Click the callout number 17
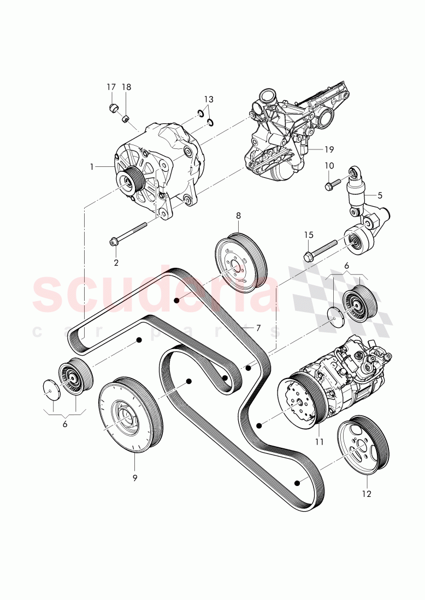pos(111,87)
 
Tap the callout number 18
pos(126,87)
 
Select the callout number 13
pos(209,99)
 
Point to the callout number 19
pos(328,149)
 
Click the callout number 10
pos(329,165)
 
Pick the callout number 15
pos(309,235)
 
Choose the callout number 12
pos(367,494)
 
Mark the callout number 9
pos(134,478)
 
